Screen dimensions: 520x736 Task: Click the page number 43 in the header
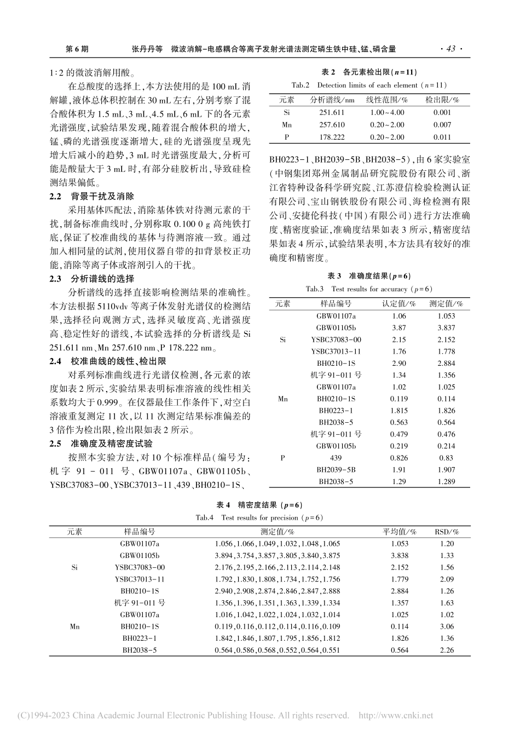point(450,49)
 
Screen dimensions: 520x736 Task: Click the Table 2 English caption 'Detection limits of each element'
point(369,85)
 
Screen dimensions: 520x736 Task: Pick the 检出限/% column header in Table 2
point(442,100)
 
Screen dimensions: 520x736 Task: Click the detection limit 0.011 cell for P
point(442,137)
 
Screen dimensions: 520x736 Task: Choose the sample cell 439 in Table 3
point(336,458)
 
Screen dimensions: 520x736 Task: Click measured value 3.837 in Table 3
point(446,327)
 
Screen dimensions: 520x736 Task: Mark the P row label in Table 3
point(282,458)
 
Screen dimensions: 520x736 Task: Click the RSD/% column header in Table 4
point(447,531)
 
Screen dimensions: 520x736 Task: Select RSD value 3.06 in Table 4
point(447,626)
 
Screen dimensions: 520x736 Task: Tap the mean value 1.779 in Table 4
point(400,579)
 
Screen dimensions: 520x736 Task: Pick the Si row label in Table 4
point(75,567)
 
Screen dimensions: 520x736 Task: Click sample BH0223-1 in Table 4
point(140,639)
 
